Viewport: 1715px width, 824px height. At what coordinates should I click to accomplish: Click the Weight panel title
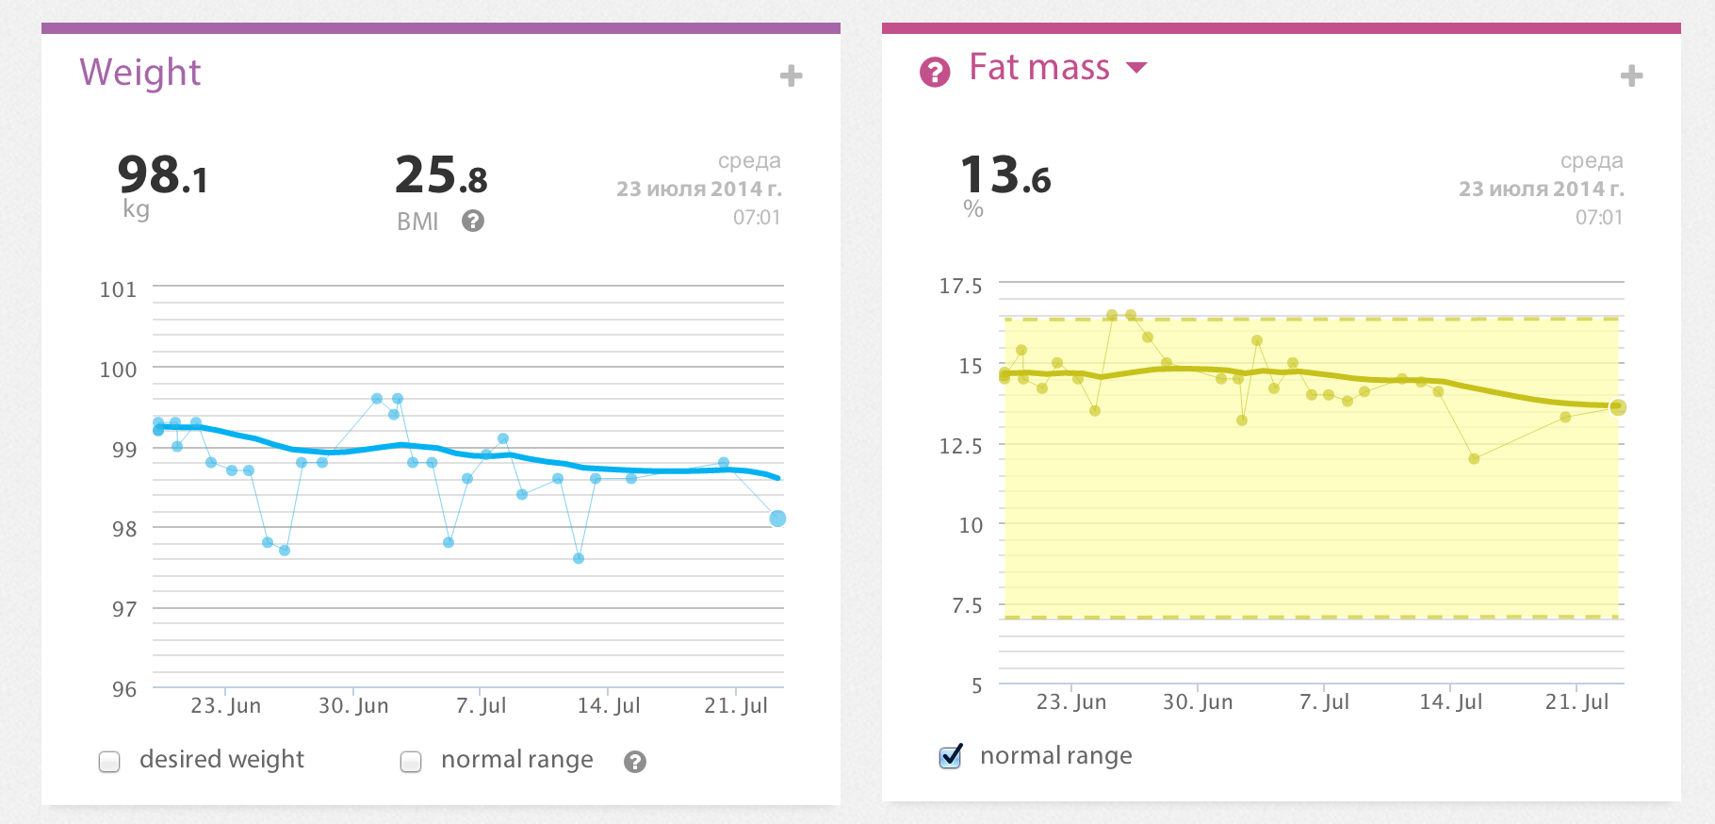coord(140,73)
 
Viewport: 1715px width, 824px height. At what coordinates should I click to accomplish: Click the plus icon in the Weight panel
coord(792,76)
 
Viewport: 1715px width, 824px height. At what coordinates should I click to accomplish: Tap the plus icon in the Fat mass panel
coord(1632,76)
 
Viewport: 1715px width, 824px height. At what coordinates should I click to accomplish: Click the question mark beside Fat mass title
coord(935,72)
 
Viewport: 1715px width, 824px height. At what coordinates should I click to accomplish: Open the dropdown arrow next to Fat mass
coord(1137,68)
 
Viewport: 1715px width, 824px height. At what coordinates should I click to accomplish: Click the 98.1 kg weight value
coord(162,176)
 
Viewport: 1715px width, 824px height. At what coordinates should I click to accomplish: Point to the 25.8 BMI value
coord(441,176)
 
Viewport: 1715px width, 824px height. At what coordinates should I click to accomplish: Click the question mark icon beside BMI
coord(473,221)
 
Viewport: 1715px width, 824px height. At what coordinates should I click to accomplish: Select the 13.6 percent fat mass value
coord(1005,176)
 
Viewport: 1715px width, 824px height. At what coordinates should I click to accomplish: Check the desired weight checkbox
coord(110,762)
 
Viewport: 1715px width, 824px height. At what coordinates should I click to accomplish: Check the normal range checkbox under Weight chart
coord(411,762)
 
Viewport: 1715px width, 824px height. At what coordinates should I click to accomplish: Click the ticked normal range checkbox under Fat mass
coord(951,757)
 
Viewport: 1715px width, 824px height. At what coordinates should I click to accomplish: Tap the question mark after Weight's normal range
coord(635,762)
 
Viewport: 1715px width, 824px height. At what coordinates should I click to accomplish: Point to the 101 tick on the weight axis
coord(119,289)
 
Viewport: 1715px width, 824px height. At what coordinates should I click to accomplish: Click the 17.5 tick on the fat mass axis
coord(960,286)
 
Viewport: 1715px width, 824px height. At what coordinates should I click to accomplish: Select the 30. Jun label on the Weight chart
coord(353,705)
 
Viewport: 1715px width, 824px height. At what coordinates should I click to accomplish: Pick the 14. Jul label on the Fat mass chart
coord(1450,701)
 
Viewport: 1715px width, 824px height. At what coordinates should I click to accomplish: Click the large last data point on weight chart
coord(777,519)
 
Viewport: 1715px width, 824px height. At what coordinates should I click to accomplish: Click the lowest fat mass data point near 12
coord(1474,458)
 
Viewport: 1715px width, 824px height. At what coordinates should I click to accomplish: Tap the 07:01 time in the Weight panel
coord(757,218)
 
